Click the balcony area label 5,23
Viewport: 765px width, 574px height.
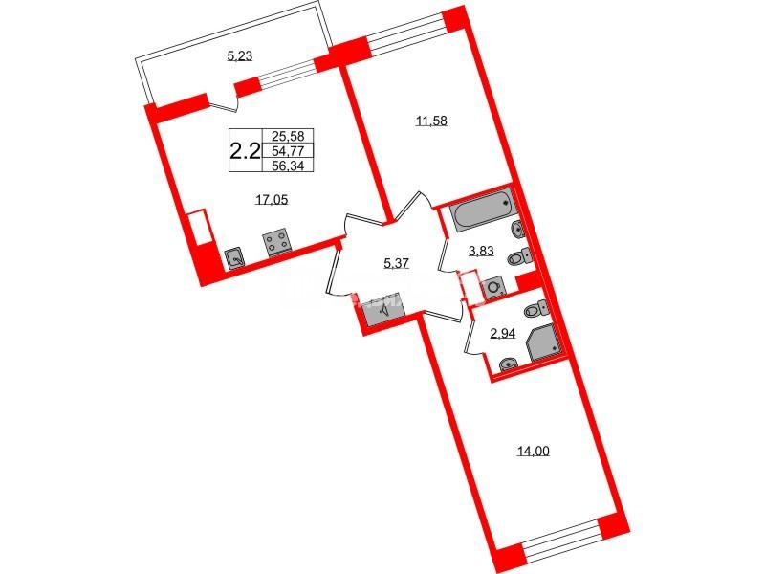(x=240, y=56)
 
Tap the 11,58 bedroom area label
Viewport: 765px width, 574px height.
(x=431, y=121)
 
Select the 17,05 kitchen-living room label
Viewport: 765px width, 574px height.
(x=272, y=199)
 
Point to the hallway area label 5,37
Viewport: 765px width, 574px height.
(x=396, y=264)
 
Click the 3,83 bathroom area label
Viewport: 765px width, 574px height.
(x=481, y=251)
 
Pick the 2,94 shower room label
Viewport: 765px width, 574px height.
(x=503, y=333)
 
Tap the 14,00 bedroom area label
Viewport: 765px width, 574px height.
(x=534, y=452)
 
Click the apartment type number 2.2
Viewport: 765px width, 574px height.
(x=245, y=152)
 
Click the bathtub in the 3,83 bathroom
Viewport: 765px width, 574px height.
(x=482, y=210)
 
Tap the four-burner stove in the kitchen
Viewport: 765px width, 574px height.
(x=276, y=243)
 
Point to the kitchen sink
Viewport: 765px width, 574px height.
(x=235, y=257)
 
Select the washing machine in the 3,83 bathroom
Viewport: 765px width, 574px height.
(x=493, y=288)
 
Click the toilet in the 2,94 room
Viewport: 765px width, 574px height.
(x=535, y=309)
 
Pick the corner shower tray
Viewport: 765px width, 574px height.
(x=544, y=342)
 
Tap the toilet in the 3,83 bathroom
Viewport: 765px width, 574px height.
(x=520, y=256)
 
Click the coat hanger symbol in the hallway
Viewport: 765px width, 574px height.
(x=385, y=309)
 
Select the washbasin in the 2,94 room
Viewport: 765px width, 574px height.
(x=510, y=364)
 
